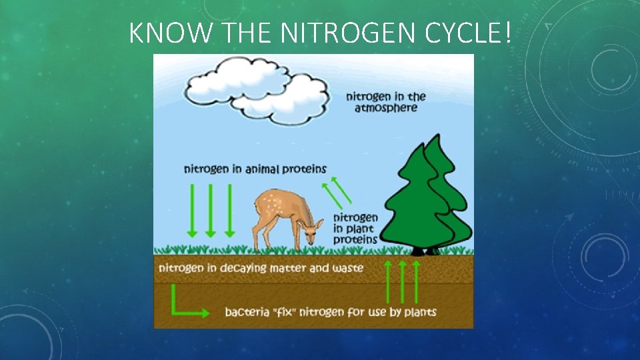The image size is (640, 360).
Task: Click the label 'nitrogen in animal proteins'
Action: (x=255, y=169)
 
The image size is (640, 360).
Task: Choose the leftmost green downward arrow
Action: (x=192, y=211)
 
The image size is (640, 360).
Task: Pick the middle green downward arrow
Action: (x=211, y=211)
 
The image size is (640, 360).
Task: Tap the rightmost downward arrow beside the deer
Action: (x=229, y=211)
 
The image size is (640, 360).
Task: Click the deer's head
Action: (x=309, y=229)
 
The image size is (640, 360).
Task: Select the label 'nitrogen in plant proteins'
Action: (x=355, y=228)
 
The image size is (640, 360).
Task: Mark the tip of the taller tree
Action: (x=434, y=137)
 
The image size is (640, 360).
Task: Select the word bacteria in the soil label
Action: (x=246, y=312)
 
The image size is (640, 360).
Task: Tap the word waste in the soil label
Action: (x=347, y=267)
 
